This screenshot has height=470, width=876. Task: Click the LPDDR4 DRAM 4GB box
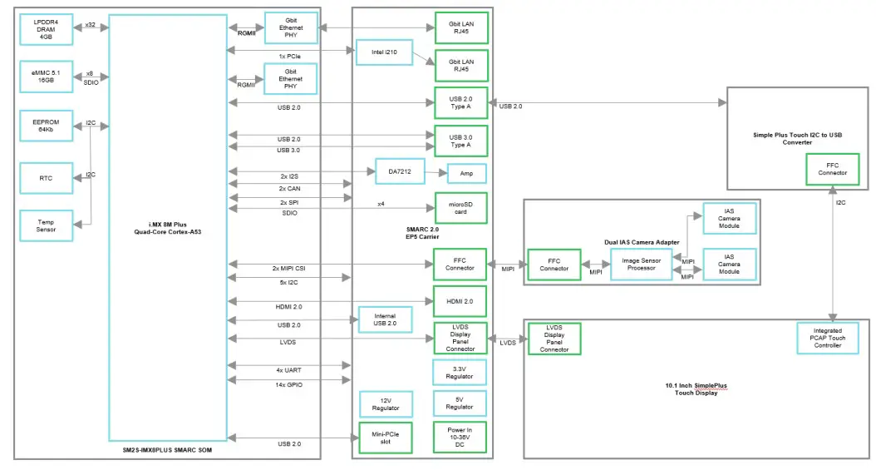pyautogui.click(x=46, y=28)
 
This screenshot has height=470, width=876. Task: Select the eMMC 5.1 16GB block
pyautogui.click(x=46, y=79)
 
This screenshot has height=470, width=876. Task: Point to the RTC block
pyautogui.click(x=46, y=177)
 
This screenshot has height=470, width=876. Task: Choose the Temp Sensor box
pyautogui.click(x=46, y=225)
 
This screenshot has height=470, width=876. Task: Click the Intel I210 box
pyautogui.click(x=383, y=57)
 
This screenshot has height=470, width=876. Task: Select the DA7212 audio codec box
pyautogui.click(x=400, y=172)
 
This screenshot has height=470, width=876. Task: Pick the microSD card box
pyautogui.click(x=460, y=207)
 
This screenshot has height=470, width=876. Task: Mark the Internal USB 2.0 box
pyautogui.click(x=384, y=319)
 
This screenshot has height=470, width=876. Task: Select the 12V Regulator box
pyautogui.click(x=384, y=403)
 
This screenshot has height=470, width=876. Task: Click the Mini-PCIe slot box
pyautogui.click(x=384, y=438)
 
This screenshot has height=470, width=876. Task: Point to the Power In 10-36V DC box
pyautogui.click(x=460, y=438)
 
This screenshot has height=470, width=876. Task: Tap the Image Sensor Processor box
pyautogui.click(x=640, y=264)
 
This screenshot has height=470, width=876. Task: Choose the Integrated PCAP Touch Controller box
pyautogui.click(x=827, y=337)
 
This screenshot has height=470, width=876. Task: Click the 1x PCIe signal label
pyautogui.click(x=289, y=56)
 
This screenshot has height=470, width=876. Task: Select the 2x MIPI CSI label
pyautogui.click(x=289, y=268)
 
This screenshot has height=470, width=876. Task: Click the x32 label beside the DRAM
pyautogui.click(x=90, y=25)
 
